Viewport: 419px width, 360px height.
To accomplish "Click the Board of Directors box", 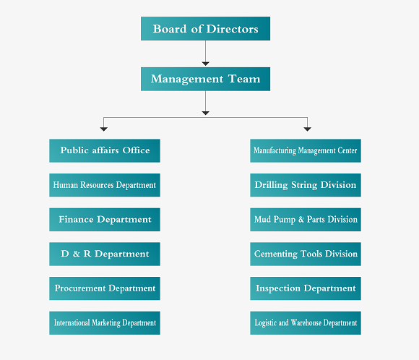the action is [x=205, y=29].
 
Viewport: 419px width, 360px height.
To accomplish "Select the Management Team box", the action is [x=205, y=79].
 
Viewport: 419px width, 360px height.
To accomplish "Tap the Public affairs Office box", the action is [x=105, y=150].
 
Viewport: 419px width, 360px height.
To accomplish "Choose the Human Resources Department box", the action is [x=105, y=185].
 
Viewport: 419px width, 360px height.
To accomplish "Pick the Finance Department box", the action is [x=105, y=220].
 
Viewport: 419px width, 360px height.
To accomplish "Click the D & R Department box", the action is [x=105, y=254].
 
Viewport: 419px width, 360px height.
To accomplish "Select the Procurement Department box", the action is [x=105, y=288].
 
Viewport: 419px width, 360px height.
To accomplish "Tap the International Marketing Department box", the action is [x=105, y=323].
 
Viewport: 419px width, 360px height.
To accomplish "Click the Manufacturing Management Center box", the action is [x=306, y=150].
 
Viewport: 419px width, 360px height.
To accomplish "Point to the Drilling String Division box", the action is [x=306, y=185].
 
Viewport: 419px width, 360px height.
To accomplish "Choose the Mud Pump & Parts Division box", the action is [x=306, y=220].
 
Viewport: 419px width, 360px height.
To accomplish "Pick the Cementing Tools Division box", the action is [x=306, y=254].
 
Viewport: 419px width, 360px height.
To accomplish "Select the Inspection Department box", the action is [x=306, y=288].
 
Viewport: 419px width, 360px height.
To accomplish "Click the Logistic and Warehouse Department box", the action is [x=306, y=323].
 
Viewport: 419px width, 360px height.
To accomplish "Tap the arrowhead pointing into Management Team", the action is [x=205, y=64].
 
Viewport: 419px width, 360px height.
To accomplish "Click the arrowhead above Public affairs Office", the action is [x=104, y=129].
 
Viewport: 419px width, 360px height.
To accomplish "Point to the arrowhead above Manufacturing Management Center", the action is [x=307, y=129].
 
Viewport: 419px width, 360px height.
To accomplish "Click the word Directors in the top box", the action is [x=232, y=29].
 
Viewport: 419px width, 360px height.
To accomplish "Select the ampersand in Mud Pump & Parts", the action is [x=301, y=220].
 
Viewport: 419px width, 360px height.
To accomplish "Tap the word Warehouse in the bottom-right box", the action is [x=306, y=322].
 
